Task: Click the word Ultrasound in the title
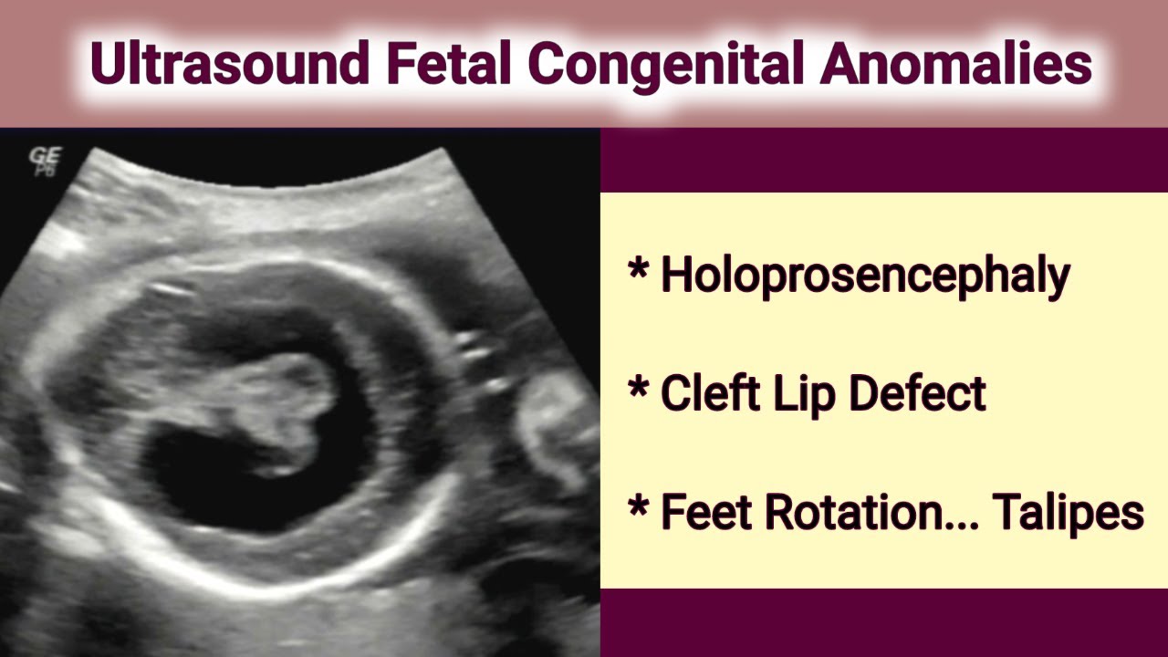click(x=229, y=63)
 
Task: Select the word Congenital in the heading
click(x=667, y=65)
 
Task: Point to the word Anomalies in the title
click(x=955, y=63)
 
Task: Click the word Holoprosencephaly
click(x=864, y=275)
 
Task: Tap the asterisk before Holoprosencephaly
click(x=638, y=271)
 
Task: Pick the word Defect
click(x=917, y=393)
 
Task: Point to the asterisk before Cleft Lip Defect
click(x=638, y=390)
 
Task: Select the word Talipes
click(x=1069, y=514)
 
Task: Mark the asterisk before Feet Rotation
click(x=638, y=508)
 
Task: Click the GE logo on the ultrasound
click(x=43, y=161)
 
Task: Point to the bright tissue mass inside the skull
click(x=274, y=401)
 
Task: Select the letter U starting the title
click(x=109, y=63)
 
